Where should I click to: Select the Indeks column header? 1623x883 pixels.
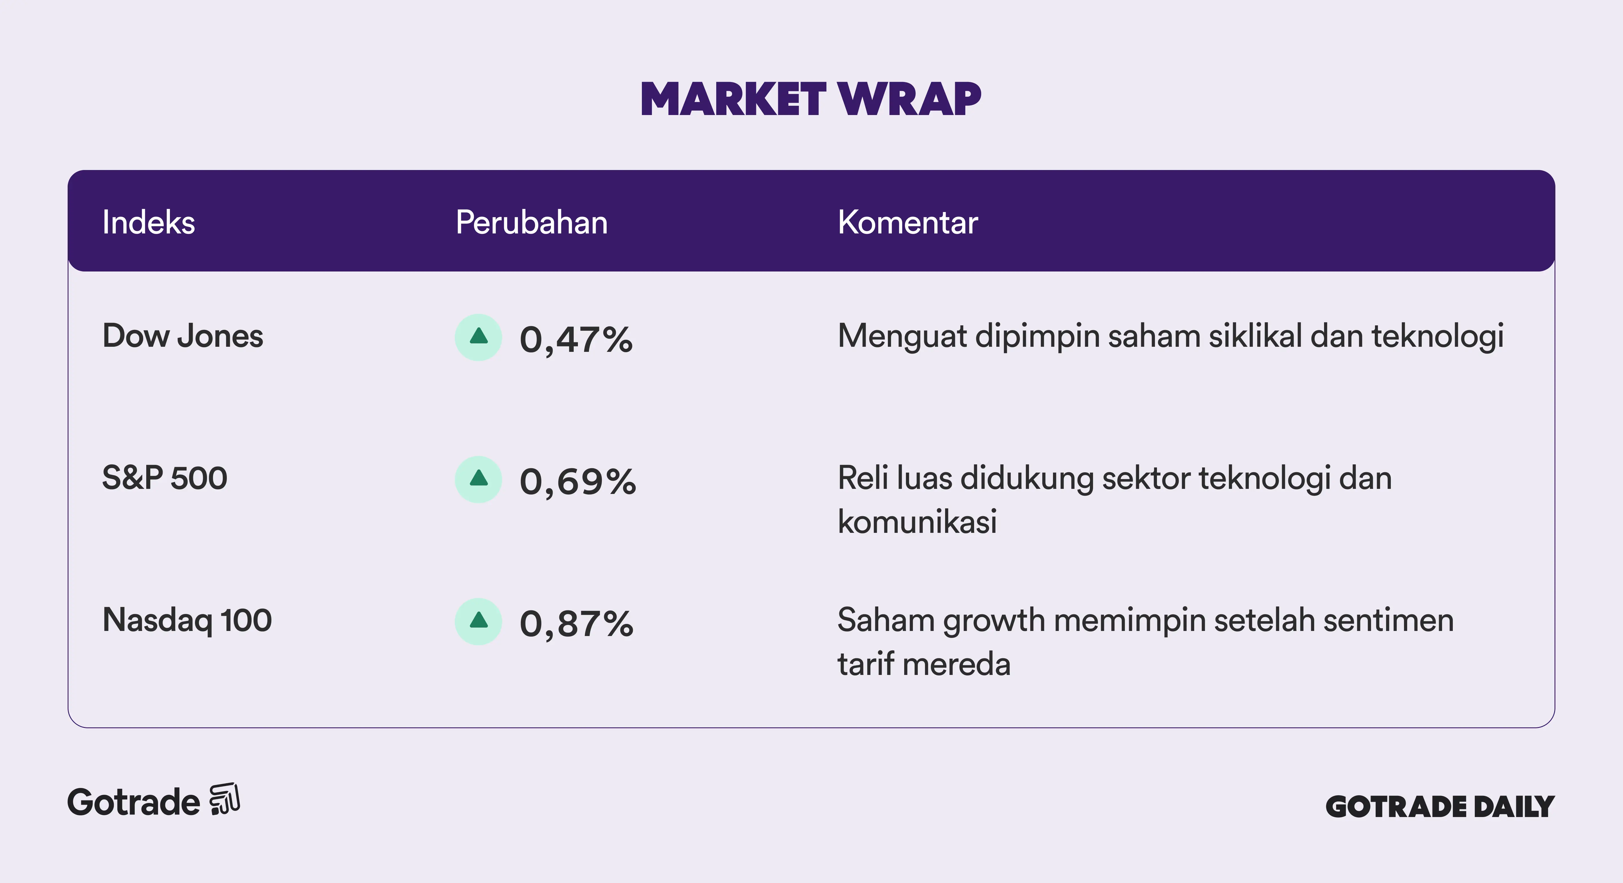149,222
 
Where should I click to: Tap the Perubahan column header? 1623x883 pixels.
532,222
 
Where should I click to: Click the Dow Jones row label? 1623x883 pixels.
183,336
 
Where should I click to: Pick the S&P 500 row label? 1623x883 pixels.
165,478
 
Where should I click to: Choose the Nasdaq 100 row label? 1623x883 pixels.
187,620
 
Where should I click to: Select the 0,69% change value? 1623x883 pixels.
578,482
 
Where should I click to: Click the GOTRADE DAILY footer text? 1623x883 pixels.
1440,807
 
